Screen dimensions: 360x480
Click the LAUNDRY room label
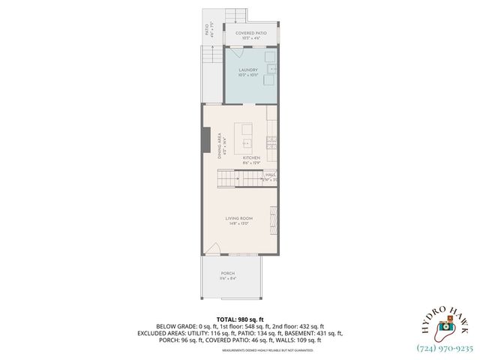(x=247, y=70)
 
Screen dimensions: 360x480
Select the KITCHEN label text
(x=250, y=157)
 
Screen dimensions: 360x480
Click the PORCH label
(x=228, y=273)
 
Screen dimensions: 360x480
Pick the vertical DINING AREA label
(x=220, y=146)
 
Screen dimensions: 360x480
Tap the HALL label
(x=270, y=175)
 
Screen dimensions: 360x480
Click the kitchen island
(x=245, y=134)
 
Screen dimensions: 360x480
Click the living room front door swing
(x=214, y=250)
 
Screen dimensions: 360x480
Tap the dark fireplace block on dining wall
(x=205, y=139)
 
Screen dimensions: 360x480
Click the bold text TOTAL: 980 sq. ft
(x=240, y=319)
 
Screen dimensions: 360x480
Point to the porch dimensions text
(x=228, y=278)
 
